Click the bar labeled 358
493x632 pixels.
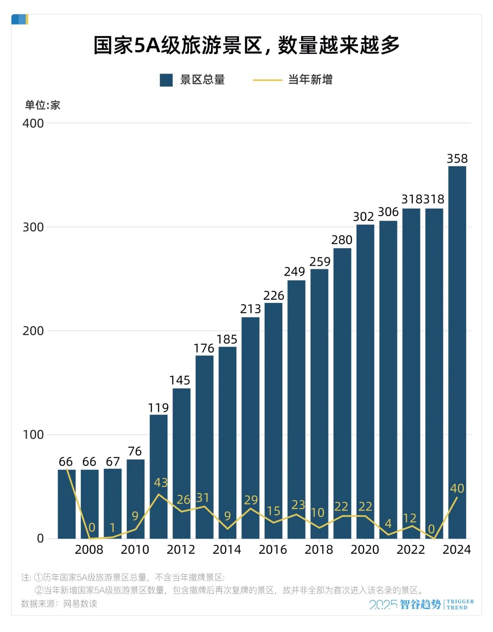coord(457,352)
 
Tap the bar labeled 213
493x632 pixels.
coord(250,427)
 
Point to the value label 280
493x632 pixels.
coord(342,240)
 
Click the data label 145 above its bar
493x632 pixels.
coord(180,380)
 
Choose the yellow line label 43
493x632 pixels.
coord(161,483)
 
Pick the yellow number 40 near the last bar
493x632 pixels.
coord(457,489)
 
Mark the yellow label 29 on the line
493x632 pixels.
coord(251,500)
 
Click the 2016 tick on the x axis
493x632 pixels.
coord(273,550)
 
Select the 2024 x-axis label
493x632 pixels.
coord(456,550)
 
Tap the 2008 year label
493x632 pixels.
coord(89,550)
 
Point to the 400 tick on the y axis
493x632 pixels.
coord(33,123)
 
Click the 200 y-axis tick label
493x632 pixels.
coord(33,331)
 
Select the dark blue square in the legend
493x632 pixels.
coord(166,80)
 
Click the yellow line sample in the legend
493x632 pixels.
coord(267,80)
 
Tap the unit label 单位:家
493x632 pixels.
coord(42,106)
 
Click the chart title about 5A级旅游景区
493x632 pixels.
coord(246,45)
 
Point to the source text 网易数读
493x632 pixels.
coord(80,604)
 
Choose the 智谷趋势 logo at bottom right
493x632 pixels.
coord(420,605)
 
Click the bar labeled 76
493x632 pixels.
coord(136,499)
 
